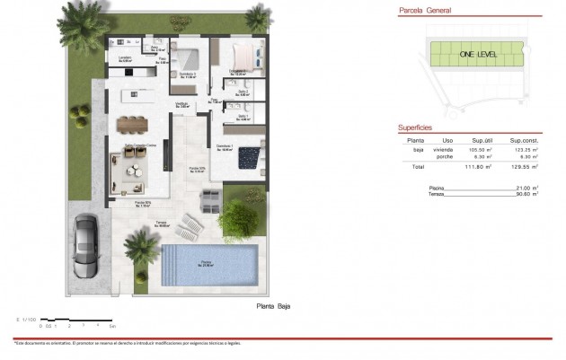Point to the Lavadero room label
[126, 58]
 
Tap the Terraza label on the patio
[161, 224]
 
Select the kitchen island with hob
[135, 92]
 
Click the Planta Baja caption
[273, 306]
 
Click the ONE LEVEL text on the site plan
[478, 55]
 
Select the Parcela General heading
[425, 13]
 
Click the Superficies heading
[416, 128]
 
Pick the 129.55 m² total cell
[523, 167]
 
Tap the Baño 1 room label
[243, 117]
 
